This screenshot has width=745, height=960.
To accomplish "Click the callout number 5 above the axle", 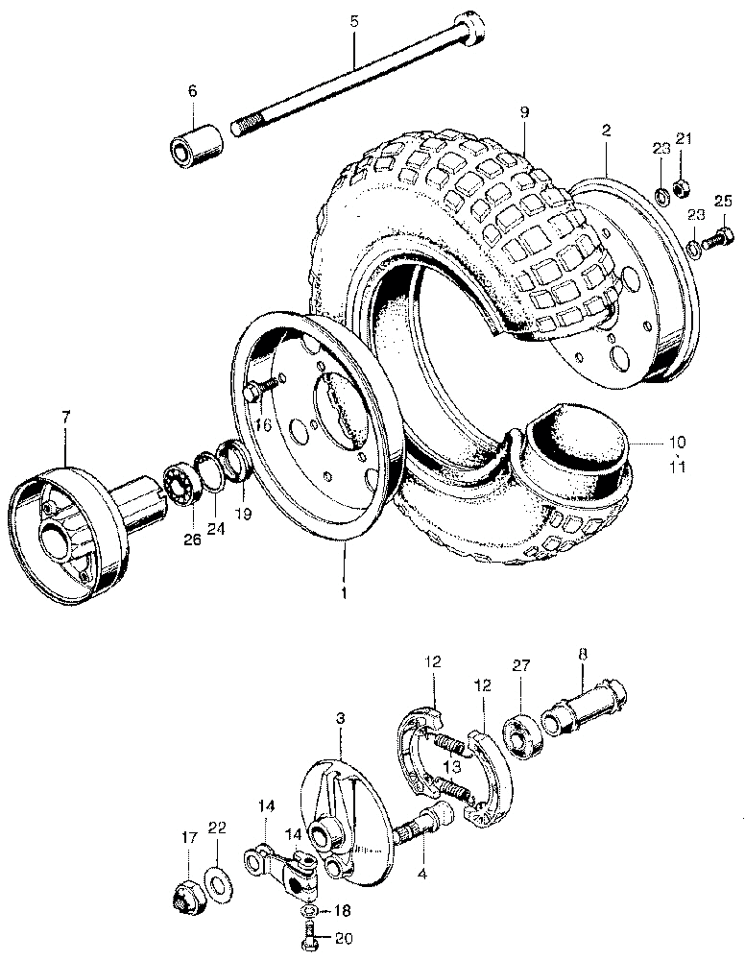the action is pos(354,21).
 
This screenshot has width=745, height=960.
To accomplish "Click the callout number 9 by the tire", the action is pos(525,112).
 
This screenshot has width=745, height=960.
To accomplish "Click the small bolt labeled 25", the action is pos(719,238).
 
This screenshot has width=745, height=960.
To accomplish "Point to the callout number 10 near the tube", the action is pos(677,442).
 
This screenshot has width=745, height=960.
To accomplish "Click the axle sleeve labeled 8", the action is pos(584,708).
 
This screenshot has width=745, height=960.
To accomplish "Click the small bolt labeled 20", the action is pos(312,937).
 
